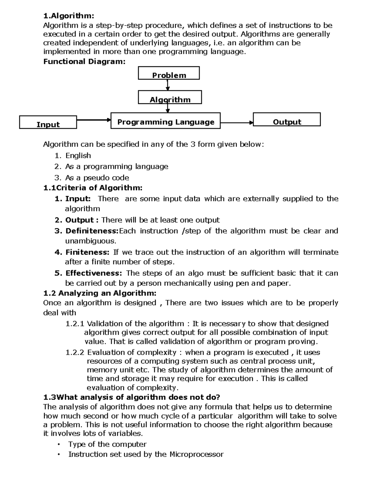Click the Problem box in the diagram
(169, 73)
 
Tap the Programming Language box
(166, 121)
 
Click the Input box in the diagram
(48, 122)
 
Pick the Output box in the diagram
(287, 120)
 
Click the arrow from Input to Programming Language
(93, 120)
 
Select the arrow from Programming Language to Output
(236, 123)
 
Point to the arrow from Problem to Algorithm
(167, 85)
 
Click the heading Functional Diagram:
(84, 61)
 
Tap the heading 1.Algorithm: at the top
(68, 16)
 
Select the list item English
(78, 155)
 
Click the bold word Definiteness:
(92, 231)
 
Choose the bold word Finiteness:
(87, 252)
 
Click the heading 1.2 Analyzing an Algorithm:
(100, 293)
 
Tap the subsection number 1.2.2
(75, 352)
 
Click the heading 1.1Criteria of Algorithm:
(93, 188)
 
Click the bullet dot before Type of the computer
(58, 444)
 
